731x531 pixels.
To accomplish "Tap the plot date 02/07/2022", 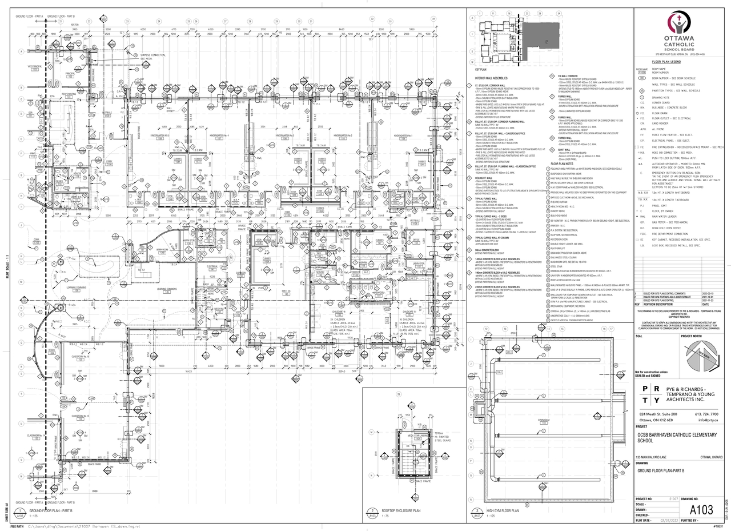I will [668, 521].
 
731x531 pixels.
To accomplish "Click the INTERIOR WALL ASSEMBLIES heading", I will [492, 77].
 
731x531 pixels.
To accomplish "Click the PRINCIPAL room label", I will [70, 73].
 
